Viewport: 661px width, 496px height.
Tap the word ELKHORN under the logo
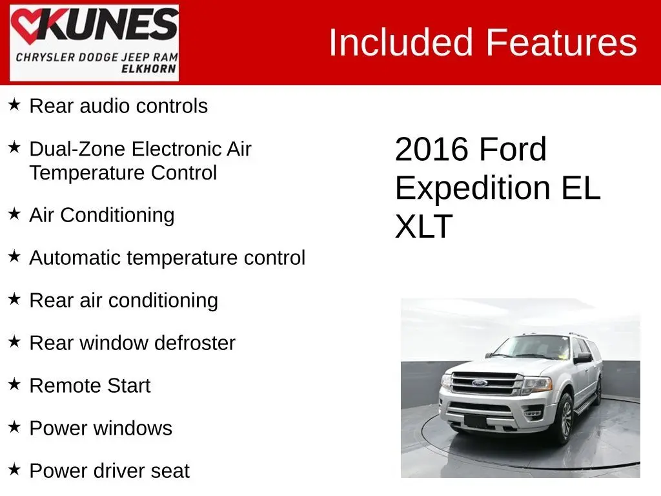149,68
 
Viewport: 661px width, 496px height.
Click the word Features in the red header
561,42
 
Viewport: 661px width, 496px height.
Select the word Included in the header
400,42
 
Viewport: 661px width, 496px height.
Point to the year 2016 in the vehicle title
432,149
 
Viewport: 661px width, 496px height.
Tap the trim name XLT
423,227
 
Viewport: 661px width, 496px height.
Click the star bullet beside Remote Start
14,384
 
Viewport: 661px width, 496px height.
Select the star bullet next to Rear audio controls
14,104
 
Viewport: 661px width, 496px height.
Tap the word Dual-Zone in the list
78,149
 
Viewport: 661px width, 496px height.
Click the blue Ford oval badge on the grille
480,383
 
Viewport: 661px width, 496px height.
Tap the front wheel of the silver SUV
564,420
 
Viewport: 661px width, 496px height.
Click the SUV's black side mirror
583,358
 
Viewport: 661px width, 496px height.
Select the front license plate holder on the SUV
475,420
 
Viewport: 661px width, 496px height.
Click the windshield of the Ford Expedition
532,347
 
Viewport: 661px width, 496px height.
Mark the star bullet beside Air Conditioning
14,213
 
